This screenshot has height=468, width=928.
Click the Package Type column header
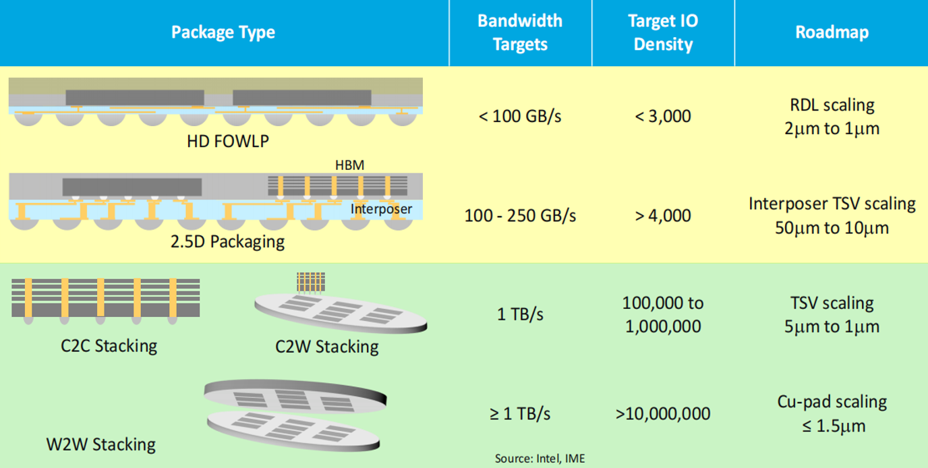tap(223, 32)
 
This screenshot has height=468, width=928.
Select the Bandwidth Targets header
tap(520, 32)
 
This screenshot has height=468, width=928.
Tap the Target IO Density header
tap(663, 32)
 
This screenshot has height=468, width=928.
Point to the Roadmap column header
tap(832, 32)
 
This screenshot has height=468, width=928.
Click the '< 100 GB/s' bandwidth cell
tap(520, 116)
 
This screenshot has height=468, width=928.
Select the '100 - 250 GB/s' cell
tap(520, 216)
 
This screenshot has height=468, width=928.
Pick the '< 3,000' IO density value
tap(663, 116)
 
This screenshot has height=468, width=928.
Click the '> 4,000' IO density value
tap(663, 216)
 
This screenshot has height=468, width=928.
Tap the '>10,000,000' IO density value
tap(663, 413)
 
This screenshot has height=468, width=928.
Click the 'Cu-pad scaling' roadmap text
tap(832, 402)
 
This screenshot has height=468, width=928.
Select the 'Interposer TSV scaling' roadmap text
tap(832, 204)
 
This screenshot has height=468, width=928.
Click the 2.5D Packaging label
tap(227, 241)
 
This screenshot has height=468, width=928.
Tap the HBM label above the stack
tap(349, 165)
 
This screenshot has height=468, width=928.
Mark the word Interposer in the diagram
tap(380, 209)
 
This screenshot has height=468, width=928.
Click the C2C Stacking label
tap(109, 346)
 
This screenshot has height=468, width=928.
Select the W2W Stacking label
tap(100, 444)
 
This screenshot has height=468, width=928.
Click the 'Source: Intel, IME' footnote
tap(540, 459)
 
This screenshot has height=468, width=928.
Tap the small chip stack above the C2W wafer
tap(311, 282)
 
